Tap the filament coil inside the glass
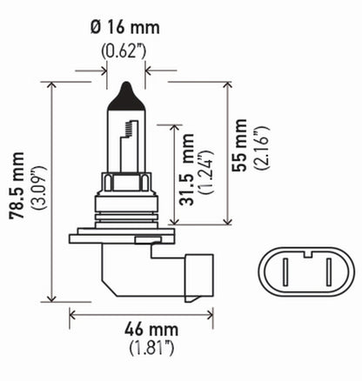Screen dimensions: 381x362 tap(129, 130)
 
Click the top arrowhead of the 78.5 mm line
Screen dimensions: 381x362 tap(53, 84)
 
